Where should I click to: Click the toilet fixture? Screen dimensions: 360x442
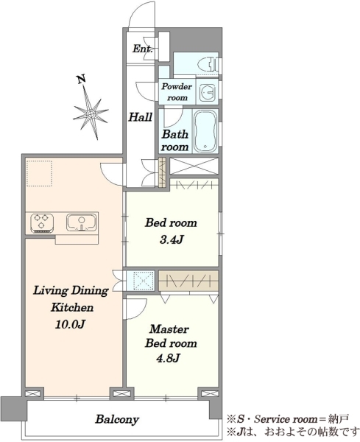pos(211,63)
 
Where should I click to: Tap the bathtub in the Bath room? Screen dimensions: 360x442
pos(206,131)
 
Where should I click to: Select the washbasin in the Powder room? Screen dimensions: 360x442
pos(207,91)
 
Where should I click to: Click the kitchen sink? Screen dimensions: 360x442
pos(82,222)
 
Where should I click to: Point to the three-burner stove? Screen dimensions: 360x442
pos(42,223)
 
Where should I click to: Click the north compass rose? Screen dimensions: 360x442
pos(91,113)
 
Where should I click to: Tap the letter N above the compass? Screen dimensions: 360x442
pos(82,80)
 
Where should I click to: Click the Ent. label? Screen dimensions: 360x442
pos(143,49)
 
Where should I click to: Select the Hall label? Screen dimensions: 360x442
pos(141,116)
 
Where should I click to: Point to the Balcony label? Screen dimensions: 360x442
pos(117,419)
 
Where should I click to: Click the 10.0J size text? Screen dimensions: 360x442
pos(70,324)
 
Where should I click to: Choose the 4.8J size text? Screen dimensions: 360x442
pos(168,358)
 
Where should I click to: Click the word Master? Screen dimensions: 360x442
pos(169,329)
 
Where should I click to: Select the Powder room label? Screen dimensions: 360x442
pos(177,92)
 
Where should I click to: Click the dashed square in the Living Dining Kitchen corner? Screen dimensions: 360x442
pos(39,173)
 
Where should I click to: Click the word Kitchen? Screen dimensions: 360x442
pos(72,307)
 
